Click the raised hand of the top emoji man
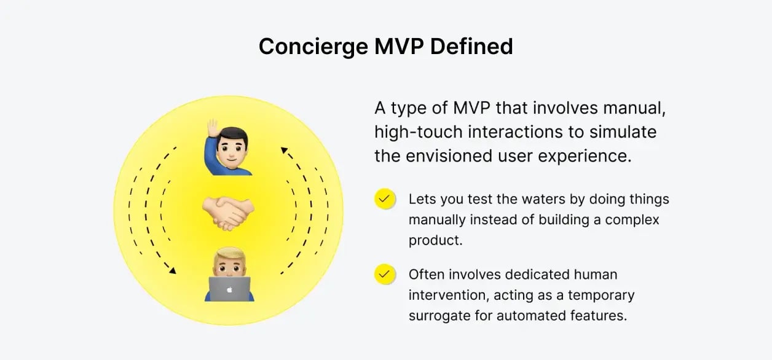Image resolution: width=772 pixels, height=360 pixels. click(x=212, y=130)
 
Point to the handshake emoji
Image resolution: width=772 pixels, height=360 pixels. click(x=228, y=213)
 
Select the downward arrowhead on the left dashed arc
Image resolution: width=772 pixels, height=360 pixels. click(x=173, y=270)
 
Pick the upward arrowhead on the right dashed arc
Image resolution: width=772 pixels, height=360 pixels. click(x=283, y=149)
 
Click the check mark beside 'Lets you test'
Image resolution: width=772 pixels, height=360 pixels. click(x=384, y=199)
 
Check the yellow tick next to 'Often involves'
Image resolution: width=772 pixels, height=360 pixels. click(x=384, y=274)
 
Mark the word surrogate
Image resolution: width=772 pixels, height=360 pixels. click(x=438, y=315)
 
